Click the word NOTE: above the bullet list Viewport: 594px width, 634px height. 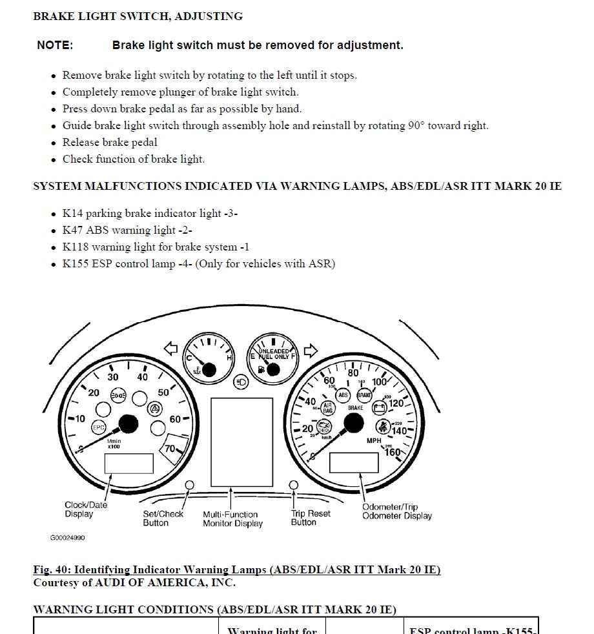click(x=55, y=45)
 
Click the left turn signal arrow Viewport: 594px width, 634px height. click(x=171, y=349)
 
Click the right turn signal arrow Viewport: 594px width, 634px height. click(x=311, y=351)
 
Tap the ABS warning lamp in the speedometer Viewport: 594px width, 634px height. click(x=343, y=395)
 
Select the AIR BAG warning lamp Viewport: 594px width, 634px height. click(x=327, y=408)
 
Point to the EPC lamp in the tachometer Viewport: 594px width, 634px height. click(x=99, y=427)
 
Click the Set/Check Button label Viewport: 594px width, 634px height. click(x=163, y=518)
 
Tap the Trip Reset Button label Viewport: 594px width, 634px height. click(x=311, y=518)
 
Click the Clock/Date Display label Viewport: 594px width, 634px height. click(x=86, y=509)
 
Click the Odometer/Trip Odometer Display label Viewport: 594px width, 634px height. click(x=396, y=511)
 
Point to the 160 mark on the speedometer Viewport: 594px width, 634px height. click(x=393, y=452)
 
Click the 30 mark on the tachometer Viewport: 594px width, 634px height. click(x=113, y=377)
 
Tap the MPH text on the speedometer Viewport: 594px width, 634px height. click(x=374, y=441)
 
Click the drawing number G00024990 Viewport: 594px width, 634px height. click(x=67, y=538)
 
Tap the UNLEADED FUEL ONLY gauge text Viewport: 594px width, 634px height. click(x=274, y=354)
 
